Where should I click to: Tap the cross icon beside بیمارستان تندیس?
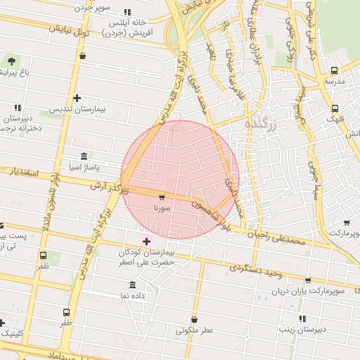(x=77, y=98)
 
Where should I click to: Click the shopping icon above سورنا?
(x=162, y=198)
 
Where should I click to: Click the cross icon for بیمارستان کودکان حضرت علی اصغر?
(x=146, y=242)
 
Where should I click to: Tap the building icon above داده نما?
(x=133, y=285)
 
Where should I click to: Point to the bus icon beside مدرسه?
(x=334, y=70)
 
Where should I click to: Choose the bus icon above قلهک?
(x=335, y=108)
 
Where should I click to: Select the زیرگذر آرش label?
(x=109, y=186)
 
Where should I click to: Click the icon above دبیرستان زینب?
(x=303, y=319)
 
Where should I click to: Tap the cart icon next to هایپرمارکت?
(x=354, y=232)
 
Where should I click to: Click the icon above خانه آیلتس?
(x=127, y=12)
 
